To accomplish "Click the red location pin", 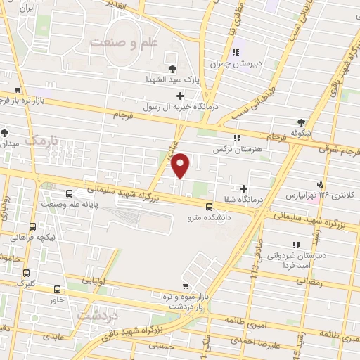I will pyautogui.click(x=181, y=165).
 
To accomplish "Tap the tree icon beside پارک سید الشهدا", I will pyautogui.click(x=173, y=67).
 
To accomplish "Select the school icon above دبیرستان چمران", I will pyautogui.click(x=236, y=52).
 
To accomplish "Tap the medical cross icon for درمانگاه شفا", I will pyautogui.click(x=244, y=188).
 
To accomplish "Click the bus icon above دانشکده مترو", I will pyautogui.click(x=209, y=207).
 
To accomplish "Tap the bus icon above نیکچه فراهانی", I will pyautogui.click(x=33, y=226).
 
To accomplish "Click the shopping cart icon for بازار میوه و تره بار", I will pyautogui.click(x=186, y=285).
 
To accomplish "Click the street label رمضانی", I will pyautogui.click(x=310, y=281).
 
